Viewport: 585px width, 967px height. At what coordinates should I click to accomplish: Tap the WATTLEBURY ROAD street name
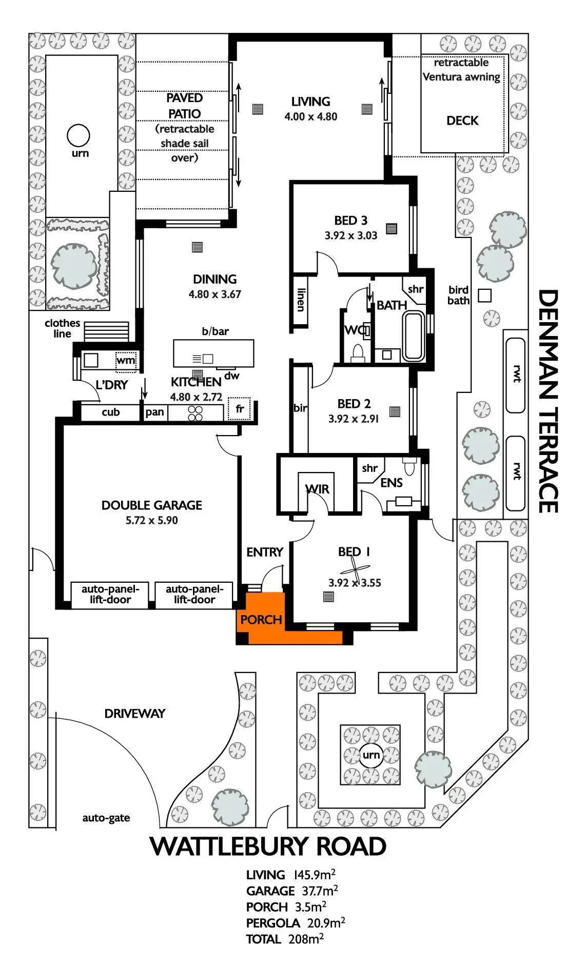click(x=268, y=846)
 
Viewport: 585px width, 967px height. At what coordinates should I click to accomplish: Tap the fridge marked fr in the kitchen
click(x=239, y=409)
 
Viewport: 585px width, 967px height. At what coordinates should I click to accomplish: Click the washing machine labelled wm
click(x=126, y=360)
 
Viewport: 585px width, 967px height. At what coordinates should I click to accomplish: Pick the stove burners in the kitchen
click(x=196, y=413)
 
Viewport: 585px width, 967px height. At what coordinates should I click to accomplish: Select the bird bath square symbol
click(x=484, y=295)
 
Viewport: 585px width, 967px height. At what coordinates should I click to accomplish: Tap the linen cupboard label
click(x=301, y=300)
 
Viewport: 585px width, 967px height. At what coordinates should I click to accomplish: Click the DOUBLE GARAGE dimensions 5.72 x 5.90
click(x=152, y=520)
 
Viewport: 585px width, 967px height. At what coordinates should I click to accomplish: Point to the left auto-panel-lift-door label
click(x=107, y=594)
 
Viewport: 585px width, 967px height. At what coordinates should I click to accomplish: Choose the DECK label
click(x=462, y=121)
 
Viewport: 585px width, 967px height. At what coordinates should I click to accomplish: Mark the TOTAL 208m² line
click(x=285, y=939)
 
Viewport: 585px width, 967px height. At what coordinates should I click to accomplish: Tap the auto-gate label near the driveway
click(x=106, y=818)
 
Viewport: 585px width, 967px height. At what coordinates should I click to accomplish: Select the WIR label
click(x=317, y=489)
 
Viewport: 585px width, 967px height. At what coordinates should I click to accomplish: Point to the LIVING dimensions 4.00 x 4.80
click(x=311, y=116)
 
